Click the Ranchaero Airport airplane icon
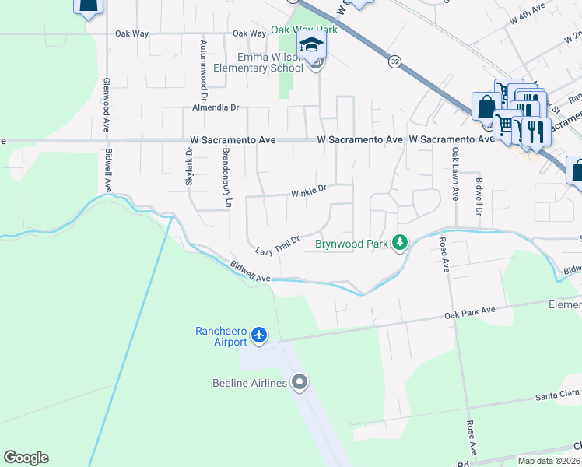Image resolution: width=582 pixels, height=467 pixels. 259,336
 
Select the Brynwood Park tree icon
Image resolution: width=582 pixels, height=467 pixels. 400,244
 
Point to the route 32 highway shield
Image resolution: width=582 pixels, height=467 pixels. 395,61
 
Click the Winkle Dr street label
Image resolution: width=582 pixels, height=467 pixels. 309,191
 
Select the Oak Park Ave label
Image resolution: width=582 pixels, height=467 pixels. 470,312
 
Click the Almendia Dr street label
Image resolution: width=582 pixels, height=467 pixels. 210,108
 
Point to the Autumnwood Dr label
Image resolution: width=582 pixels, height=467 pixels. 203,67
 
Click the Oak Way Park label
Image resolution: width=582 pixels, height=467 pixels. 304,30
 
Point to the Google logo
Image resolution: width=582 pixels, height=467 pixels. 26,458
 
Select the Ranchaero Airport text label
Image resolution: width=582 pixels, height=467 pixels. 220,336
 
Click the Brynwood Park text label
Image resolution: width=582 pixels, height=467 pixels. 351,244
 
